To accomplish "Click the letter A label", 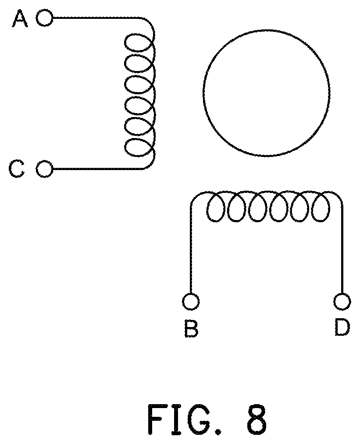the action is pos(20,19).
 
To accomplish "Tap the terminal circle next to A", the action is pos(44,18).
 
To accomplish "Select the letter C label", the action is pos(16,169).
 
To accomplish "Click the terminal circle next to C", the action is pos(44,169).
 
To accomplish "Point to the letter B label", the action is pos(191,328).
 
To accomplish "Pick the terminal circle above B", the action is pos(191,302).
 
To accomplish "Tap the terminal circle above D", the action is pos(342,302).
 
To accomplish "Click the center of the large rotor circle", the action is pos(267,93).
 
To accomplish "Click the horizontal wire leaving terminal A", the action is pos(96,18).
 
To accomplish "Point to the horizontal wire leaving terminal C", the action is pos(98,169).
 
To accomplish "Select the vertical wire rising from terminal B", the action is pos(191,249).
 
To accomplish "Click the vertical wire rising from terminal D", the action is pos(342,249).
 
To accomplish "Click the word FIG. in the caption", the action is pos(184,419).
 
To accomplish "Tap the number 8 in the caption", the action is pos(257,419).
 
